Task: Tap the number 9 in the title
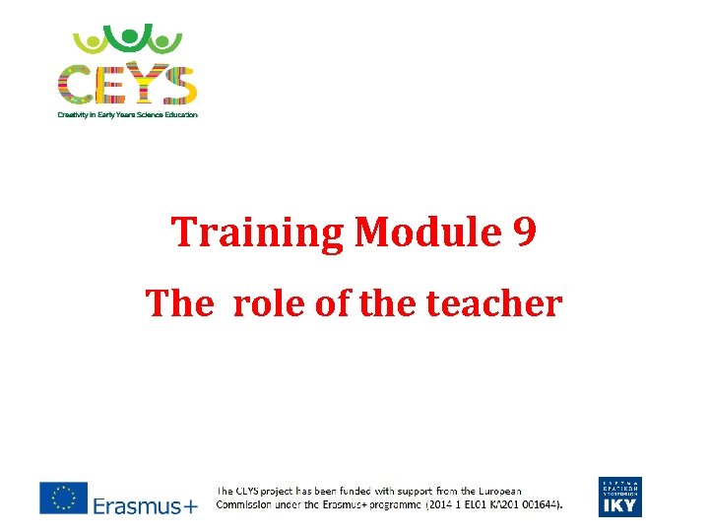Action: (x=525, y=233)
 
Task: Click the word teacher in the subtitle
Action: (x=494, y=303)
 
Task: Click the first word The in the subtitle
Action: (x=179, y=303)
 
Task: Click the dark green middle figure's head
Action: (x=128, y=34)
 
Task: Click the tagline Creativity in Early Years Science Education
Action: (x=127, y=114)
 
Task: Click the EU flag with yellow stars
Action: (x=63, y=498)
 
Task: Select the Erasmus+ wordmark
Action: (x=145, y=505)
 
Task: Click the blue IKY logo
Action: (x=618, y=497)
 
